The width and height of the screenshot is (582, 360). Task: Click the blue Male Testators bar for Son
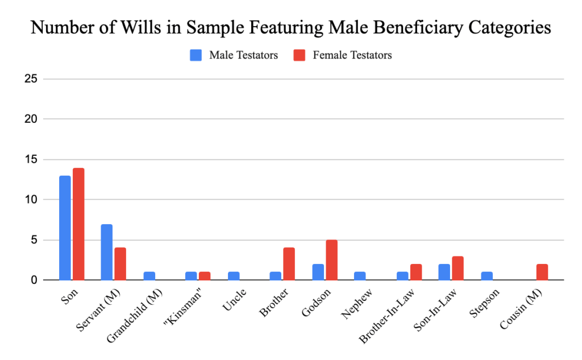[x=65, y=228]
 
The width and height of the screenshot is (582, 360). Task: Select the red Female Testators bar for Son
[x=78, y=224]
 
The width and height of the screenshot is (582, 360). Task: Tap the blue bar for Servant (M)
[x=106, y=252]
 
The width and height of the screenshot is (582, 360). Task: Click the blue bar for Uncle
[x=233, y=276]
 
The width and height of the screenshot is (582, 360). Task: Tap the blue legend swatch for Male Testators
[x=196, y=55]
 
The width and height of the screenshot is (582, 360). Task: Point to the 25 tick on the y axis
[x=31, y=79]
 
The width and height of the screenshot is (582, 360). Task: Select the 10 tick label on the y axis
[x=31, y=200]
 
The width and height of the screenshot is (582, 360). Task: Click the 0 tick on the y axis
[x=35, y=280]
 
